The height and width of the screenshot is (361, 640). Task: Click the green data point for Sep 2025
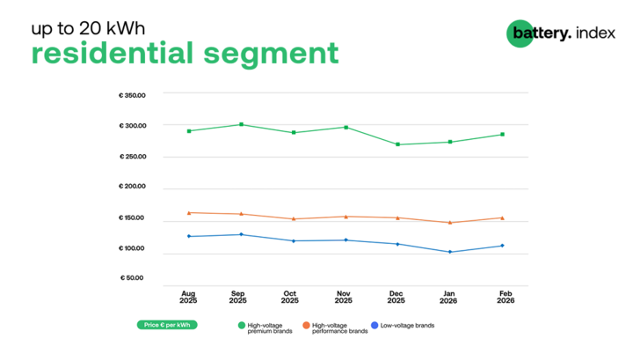tap(241, 124)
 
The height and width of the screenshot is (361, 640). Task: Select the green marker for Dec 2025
tap(397, 144)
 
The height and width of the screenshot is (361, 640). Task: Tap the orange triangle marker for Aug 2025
tap(188, 212)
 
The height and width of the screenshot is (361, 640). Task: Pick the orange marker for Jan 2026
tap(449, 223)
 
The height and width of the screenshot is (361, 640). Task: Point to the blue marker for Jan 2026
tap(449, 252)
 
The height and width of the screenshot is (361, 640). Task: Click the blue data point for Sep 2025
tap(241, 234)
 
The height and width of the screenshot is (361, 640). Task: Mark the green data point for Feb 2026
tap(502, 134)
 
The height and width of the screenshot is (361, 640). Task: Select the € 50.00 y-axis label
tap(134, 279)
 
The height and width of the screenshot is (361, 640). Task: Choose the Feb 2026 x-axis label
tap(505, 297)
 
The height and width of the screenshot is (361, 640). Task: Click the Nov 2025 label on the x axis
tap(345, 297)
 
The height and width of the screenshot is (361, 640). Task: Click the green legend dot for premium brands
tap(242, 325)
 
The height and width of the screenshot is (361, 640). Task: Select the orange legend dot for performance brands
tap(306, 325)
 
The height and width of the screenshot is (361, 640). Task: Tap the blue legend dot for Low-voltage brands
tap(375, 325)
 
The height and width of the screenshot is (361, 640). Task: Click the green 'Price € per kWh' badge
tap(167, 325)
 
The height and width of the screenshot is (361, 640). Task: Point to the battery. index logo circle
tap(520, 33)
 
